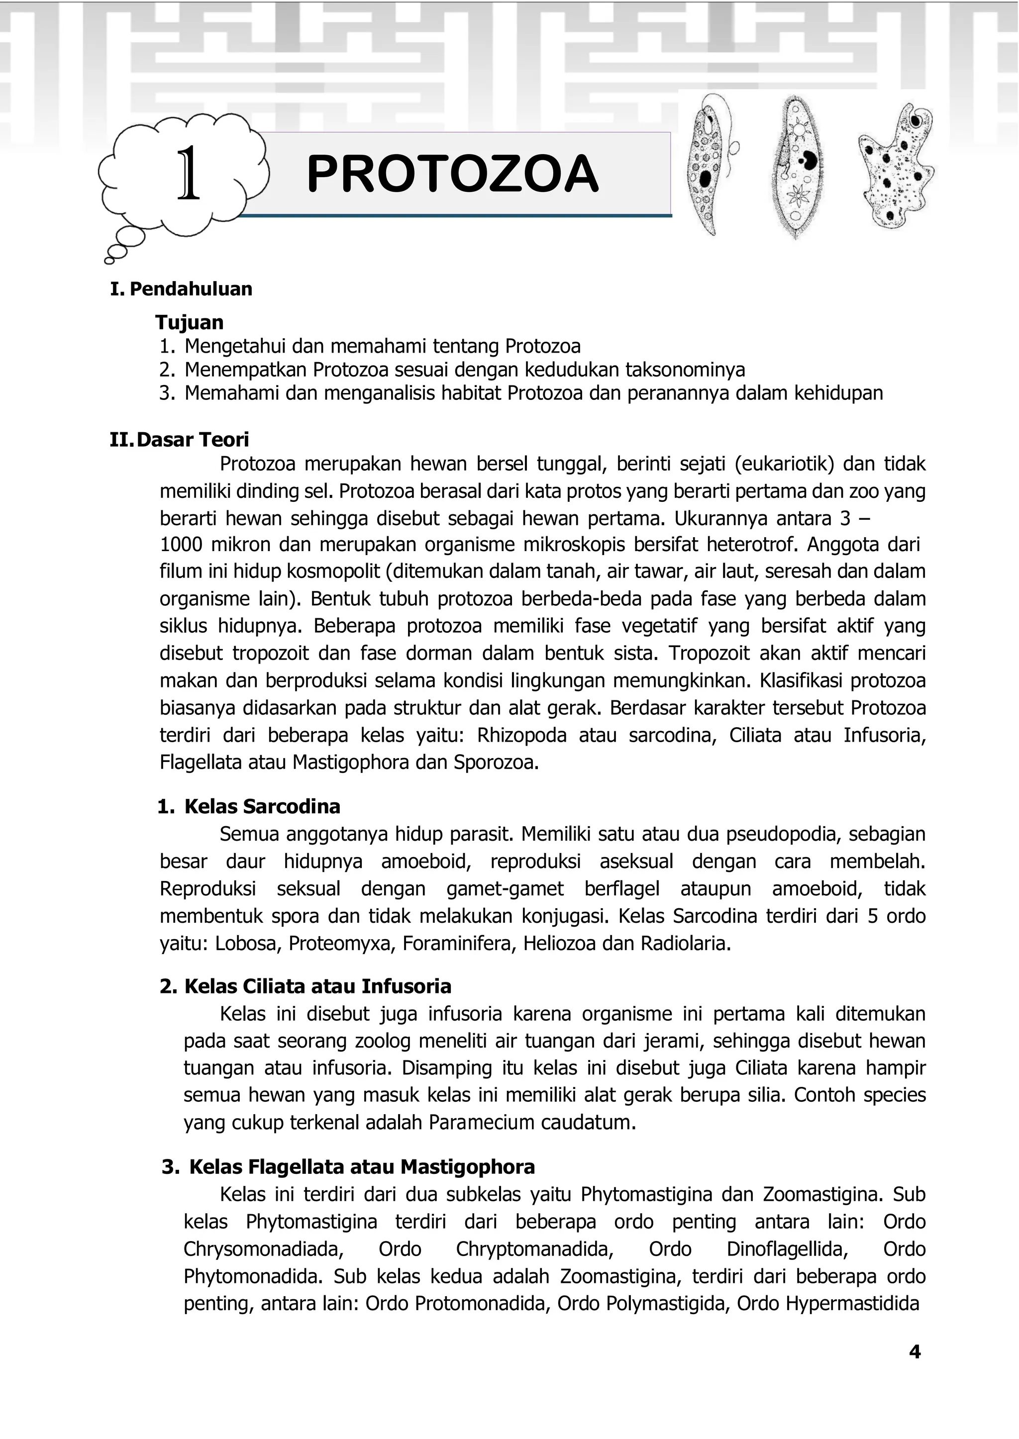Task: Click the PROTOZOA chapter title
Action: [452, 175]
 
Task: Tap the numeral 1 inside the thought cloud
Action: [188, 175]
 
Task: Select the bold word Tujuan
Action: [190, 322]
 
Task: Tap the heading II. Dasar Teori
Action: [180, 439]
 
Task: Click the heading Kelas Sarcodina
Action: [262, 807]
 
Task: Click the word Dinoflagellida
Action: [787, 1249]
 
